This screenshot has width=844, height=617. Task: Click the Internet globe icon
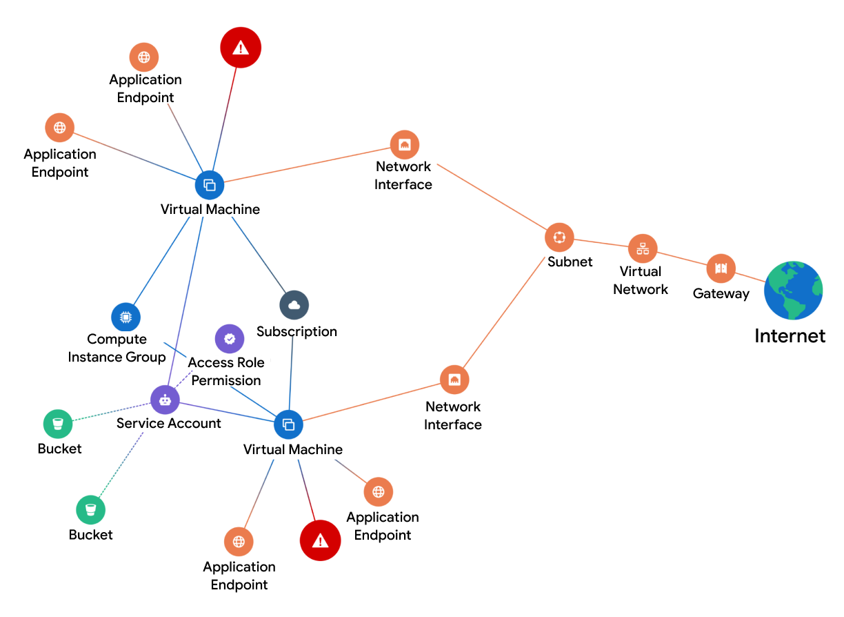point(793,290)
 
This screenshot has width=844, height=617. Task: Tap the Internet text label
point(790,336)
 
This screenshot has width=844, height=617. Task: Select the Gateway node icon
point(721,268)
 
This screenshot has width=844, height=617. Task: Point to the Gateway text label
point(721,294)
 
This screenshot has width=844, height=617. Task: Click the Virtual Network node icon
point(643,248)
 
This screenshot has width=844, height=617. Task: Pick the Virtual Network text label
point(641,280)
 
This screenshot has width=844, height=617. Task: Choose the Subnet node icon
point(559,237)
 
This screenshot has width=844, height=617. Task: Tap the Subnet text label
point(570,262)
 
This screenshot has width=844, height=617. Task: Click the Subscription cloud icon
point(294,305)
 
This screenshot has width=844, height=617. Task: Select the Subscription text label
point(297,332)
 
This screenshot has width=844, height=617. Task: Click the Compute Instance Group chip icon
point(125,317)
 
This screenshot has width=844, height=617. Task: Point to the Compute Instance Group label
point(117,349)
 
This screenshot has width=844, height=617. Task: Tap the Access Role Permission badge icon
point(230,339)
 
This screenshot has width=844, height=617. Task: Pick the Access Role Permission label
point(226,371)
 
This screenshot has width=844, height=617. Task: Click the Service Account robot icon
point(165,399)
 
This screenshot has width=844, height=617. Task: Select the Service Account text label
point(169,424)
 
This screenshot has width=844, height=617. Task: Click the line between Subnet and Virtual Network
point(601,243)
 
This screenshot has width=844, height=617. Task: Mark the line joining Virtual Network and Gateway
point(682,259)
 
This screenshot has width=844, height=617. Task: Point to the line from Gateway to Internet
point(751,277)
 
